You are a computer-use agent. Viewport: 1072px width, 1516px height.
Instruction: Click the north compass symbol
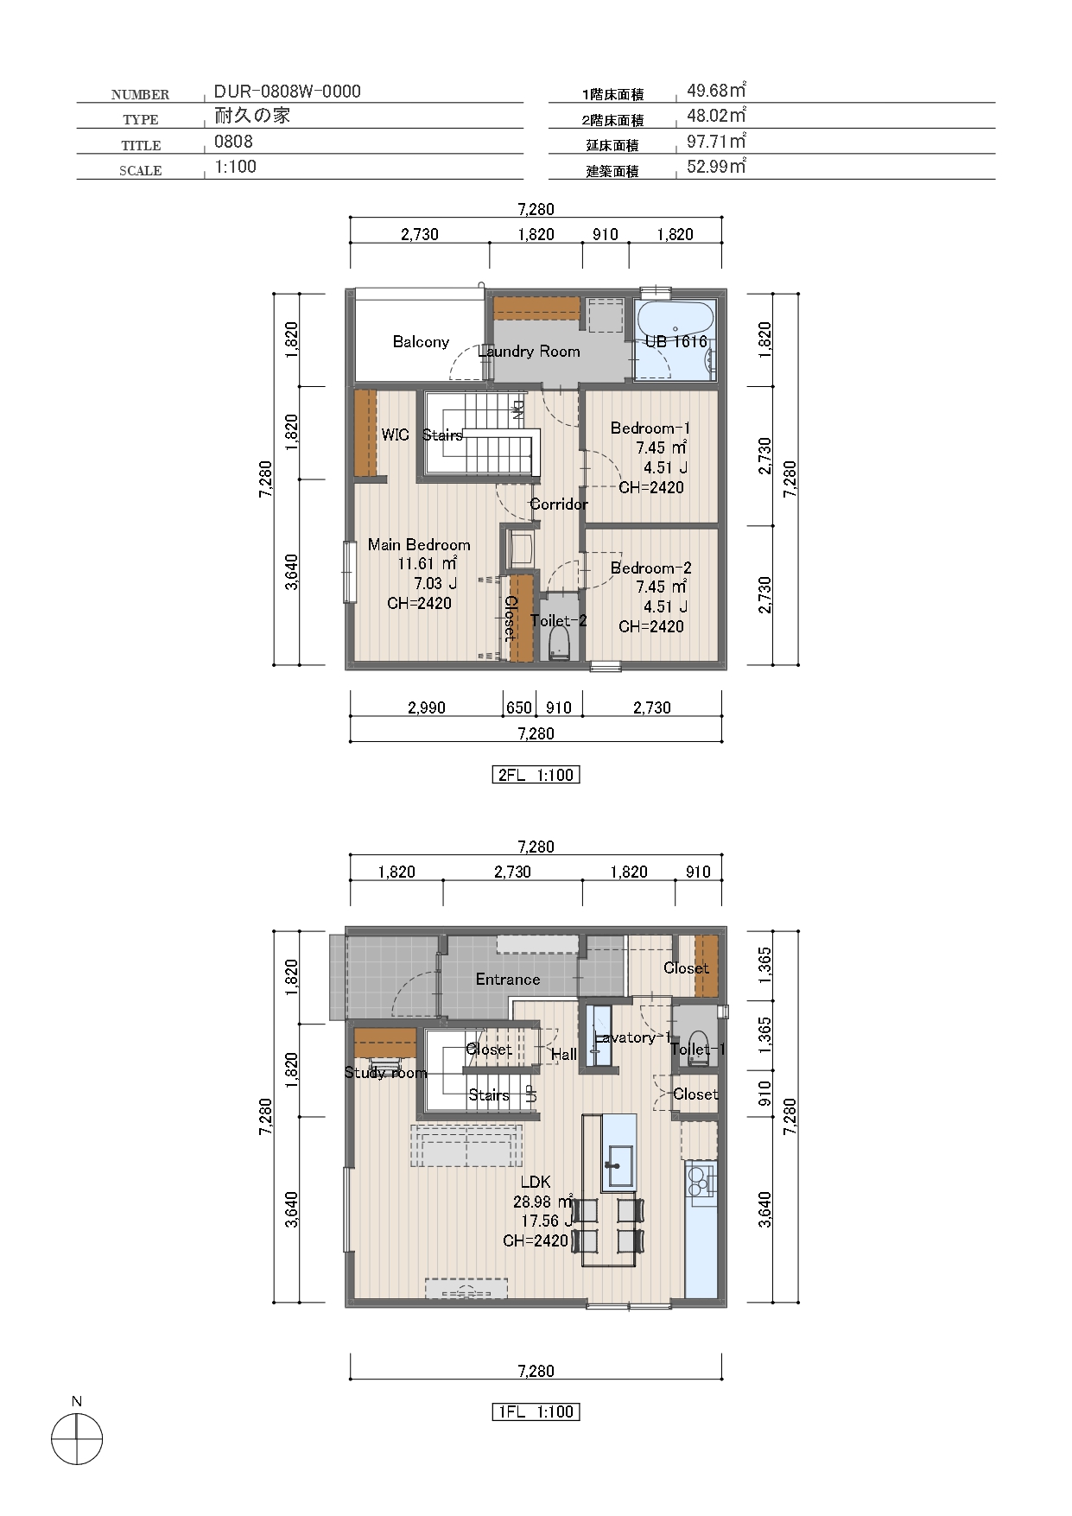[x=77, y=1441]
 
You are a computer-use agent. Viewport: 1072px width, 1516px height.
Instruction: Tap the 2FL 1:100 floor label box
[x=536, y=775]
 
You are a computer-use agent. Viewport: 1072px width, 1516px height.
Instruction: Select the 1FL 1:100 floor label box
[x=536, y=1411]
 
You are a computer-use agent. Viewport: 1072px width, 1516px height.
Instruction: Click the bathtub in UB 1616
[x=675, y=339]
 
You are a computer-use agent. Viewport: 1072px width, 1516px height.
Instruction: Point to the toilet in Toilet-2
[x=560, y=643]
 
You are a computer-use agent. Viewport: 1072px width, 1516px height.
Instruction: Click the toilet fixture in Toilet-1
[x=698, y=1048]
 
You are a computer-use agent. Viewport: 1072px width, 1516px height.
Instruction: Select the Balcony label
[x=421, y=342]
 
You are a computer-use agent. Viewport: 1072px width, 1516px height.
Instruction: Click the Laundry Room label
[x=529, y=352]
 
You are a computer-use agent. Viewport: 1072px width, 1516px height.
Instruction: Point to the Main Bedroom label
[x=419, y=544]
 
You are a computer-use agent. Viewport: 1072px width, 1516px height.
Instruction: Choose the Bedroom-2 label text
[x=650, y=568]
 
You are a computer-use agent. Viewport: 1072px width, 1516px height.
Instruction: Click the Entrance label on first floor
[x=508, y=979]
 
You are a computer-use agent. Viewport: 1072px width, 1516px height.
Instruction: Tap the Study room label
[x=385, y=1073]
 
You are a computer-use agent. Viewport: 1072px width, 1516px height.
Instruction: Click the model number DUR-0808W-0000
[x=288, y=92]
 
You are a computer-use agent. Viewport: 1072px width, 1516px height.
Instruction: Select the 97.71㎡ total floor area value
[x=716, y=142]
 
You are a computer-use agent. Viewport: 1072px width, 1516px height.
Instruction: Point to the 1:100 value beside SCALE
[x=235, y=167]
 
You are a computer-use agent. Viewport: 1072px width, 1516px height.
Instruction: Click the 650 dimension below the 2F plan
[x=519, y=707]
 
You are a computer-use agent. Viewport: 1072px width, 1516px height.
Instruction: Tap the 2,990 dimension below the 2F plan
[x=427, y=707]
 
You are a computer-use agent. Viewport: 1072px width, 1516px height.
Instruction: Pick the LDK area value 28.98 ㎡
[x=542, y=1202]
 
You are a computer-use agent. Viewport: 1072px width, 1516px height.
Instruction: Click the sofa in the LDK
[x=466, y=1146]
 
